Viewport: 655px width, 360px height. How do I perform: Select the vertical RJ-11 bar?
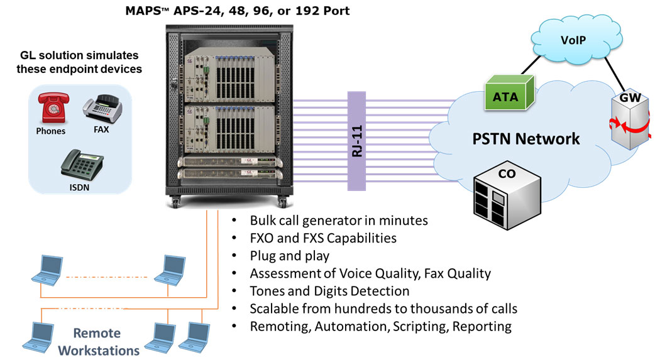pos(356,141)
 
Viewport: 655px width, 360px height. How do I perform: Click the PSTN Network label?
pos(526,138)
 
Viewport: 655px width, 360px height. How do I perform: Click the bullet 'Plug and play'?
pos(290,256)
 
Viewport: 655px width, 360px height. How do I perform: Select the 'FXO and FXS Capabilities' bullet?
pos(323,238)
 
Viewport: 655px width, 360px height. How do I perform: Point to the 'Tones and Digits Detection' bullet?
pos(329,291)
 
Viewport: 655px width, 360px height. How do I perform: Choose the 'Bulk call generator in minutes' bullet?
pos(339,221)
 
